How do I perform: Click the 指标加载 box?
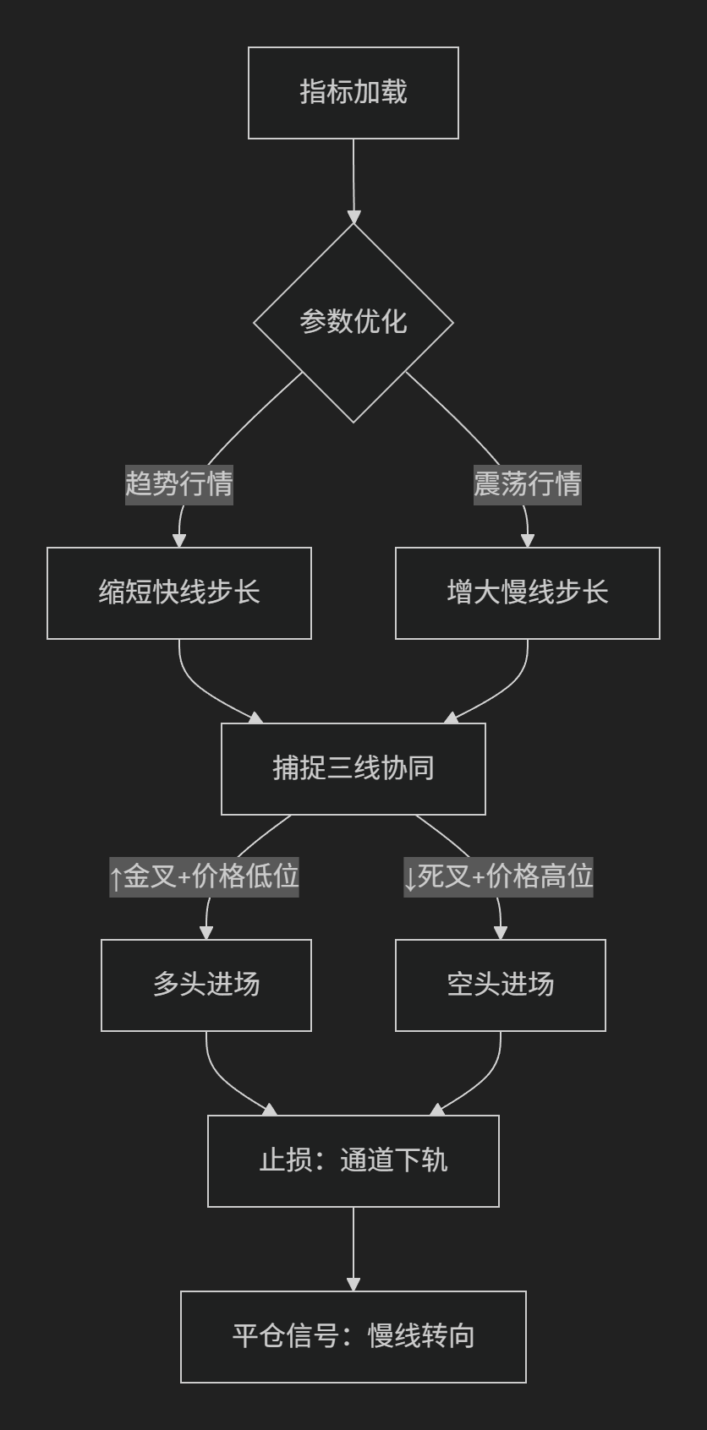353,93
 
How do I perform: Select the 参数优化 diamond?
353,322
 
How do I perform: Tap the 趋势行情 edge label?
178,484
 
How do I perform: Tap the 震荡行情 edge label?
528,484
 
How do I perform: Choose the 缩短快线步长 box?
178,593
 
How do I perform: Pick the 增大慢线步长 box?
528,593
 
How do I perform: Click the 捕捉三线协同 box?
353,768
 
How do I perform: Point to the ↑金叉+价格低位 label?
205,877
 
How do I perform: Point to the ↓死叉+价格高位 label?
498,877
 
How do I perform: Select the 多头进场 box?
206,985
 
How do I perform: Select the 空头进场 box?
501,985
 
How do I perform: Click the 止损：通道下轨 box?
353,1161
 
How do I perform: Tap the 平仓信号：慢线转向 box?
353,1337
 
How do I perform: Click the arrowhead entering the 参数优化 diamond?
353,217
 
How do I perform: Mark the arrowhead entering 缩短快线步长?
178,541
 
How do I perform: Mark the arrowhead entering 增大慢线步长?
528,541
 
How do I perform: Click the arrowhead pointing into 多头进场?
206,933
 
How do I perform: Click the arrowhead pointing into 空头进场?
501,933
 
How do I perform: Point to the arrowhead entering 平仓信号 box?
353,1285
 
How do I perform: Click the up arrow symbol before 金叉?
116,879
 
